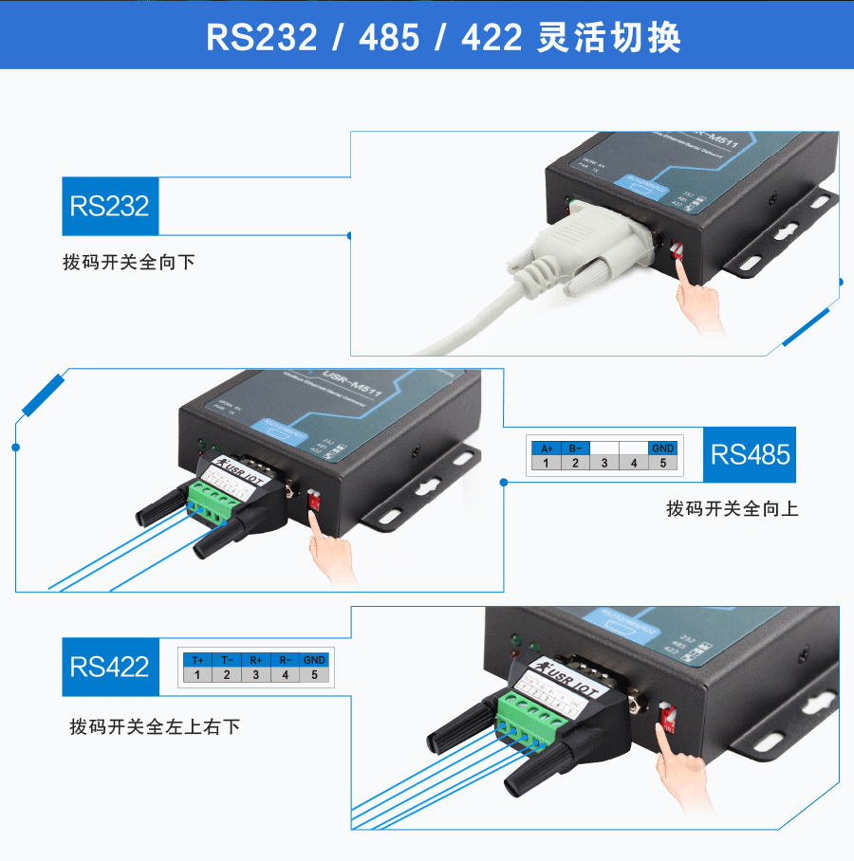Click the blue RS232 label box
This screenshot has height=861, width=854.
coord(110,206)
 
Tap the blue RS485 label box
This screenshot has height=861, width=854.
coord(750,454)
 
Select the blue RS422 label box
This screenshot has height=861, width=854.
coord(110,666)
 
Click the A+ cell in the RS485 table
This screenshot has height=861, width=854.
coord(547,448)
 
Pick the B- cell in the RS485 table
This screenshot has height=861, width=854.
coord(576,448)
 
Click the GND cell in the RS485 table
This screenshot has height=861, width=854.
coord(663,448)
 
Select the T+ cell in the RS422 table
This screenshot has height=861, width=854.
coord(197,660)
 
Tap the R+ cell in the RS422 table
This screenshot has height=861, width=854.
coord(256,660)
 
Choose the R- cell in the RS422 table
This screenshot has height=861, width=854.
coord(286,660)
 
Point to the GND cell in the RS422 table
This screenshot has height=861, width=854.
coord(315,660)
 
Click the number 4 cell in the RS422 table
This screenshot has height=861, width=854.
coord(286,675)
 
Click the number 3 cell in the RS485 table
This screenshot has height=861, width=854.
coord(604,463)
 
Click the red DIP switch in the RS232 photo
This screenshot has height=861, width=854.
coord(678,250)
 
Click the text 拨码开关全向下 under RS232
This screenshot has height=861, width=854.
coord(129,262)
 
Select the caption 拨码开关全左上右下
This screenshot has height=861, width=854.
coord(155,726)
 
